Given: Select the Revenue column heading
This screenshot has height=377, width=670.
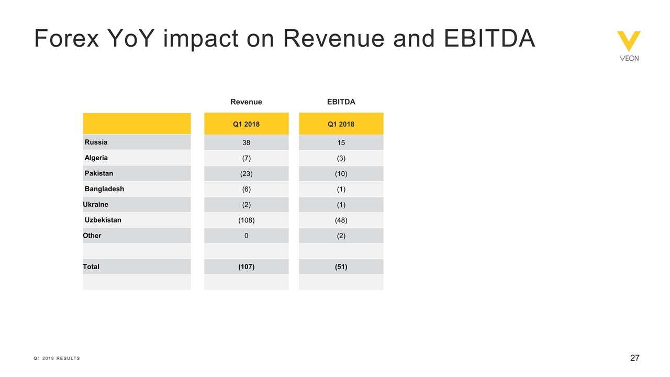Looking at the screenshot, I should coord(246,102).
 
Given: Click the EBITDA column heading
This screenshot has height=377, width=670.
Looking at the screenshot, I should coord(341,102).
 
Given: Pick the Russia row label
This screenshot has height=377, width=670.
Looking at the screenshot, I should coord(96,142).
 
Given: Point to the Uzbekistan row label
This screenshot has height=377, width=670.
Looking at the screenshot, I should coord(103,220).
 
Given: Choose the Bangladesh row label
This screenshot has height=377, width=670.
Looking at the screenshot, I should coord(104,188).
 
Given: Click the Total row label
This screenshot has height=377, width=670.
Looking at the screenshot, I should coord(91,267).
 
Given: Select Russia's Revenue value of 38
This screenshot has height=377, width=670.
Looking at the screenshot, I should coord(246,142).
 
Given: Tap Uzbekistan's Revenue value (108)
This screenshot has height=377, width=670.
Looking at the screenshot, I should coord(246,220).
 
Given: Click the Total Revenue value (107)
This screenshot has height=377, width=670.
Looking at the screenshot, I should coord(246,267).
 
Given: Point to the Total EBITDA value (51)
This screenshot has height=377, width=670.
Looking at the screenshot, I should coord(341,267).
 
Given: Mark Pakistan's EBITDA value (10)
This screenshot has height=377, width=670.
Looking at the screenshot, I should coord(341,174).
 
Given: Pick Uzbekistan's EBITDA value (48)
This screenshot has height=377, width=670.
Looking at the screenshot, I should coord(341,220).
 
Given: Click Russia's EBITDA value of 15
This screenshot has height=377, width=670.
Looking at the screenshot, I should coord(341,142).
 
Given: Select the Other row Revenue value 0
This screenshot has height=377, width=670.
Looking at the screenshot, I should coord(246,236).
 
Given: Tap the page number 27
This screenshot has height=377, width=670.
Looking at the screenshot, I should coord(634,358).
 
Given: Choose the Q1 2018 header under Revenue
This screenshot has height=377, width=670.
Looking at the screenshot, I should coord(246,124).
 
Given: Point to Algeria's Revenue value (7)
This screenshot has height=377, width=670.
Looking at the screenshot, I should coord(246,158).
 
